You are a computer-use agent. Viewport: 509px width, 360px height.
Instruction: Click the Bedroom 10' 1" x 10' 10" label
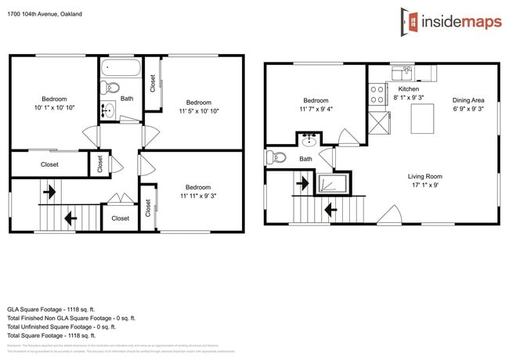[54, 103]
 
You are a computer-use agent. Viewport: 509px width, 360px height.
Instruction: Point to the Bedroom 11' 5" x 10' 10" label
[198, 107]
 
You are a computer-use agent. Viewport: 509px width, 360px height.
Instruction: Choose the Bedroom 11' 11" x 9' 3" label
[197, 192]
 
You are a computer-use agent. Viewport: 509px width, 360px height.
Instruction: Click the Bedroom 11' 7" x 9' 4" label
[316, 105]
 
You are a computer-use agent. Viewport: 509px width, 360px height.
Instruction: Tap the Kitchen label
[398, 90]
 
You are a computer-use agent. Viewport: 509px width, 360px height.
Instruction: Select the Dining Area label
[468, 104]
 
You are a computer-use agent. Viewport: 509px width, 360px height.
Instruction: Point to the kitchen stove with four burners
[377, 95]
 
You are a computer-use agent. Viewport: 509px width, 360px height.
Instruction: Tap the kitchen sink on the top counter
[407, 73]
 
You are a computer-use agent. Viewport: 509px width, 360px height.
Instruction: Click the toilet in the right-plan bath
[275, 157]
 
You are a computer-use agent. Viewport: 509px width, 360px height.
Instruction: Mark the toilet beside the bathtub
[110, 88]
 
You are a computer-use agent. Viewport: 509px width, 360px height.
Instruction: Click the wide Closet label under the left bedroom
[49, 164]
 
